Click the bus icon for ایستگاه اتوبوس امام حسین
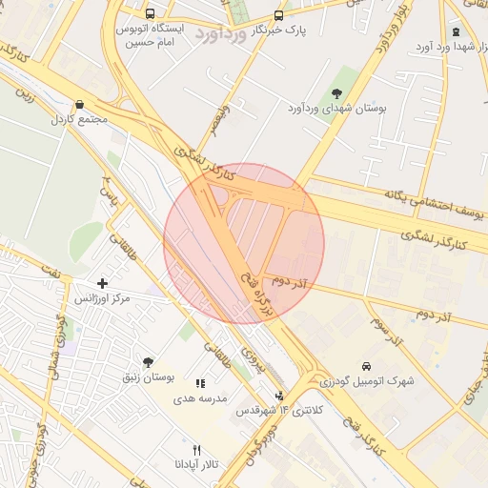(x=151, y=14)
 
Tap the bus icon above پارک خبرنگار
(x=278, y=15)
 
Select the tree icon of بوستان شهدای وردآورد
(x=335, y=92)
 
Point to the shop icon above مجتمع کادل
(x=78, y=105)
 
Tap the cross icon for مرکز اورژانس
(x=103, y=283)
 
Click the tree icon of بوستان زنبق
(x=147, y=362)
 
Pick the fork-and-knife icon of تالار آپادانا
(x=197, y=449)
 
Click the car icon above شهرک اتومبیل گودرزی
(x=366, y=365)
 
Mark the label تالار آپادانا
(x=196, y=464)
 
